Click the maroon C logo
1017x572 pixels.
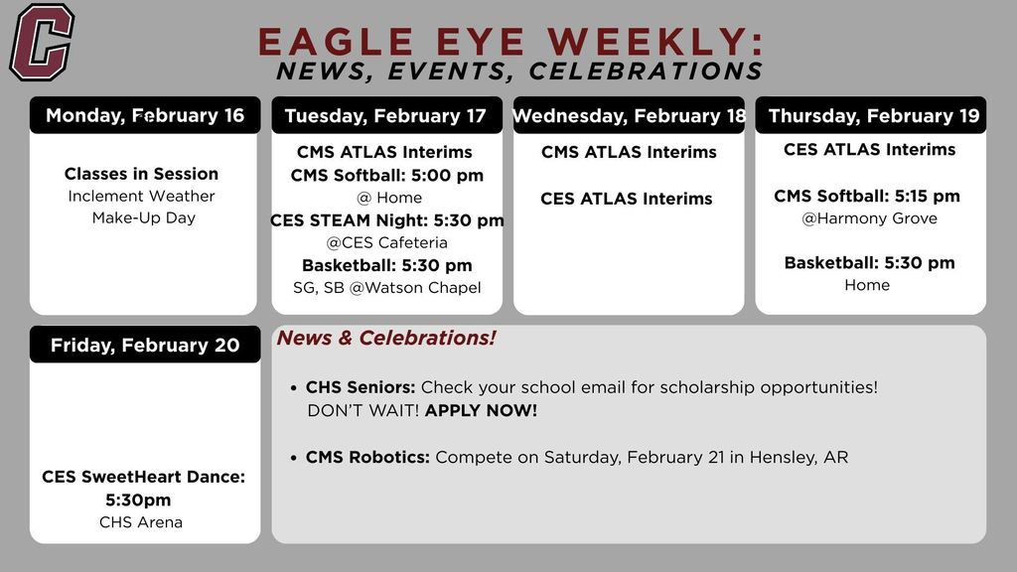pos(42,42)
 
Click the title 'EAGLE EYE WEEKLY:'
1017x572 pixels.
pos(510,42)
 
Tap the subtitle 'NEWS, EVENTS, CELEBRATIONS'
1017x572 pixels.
pos(519,71)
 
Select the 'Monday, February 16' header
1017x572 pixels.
pos(145,115)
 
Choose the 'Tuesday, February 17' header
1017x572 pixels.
pos(385,116)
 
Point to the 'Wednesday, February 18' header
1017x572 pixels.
pos(629,116)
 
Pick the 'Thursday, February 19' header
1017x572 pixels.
pos(873,116)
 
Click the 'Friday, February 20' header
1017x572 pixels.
pos(145,346)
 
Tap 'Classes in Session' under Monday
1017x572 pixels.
pos(141,174)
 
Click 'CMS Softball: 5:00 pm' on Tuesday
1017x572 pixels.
pos(386,176)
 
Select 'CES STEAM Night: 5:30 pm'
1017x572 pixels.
pos(386,220)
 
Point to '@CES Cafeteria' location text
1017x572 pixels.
pos(386,242)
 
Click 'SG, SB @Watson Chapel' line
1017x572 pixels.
pos(386,288)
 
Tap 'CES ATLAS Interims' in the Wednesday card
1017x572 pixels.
pos(626,199)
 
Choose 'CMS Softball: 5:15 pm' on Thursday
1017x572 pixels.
pos(867,197)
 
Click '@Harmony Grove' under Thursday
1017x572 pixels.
pos(869,218)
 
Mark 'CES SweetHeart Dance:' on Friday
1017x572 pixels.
pos(143,477)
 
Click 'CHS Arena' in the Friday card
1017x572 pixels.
pos(141,522)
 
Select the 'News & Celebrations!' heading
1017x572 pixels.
pos(385,339)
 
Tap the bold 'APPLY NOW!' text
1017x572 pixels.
pos(481,410)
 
